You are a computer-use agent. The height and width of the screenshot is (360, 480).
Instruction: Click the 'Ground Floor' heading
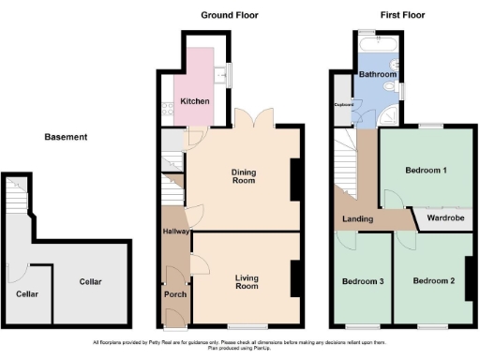[x=230, y=15]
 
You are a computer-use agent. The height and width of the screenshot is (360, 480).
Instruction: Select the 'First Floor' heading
[x=404, y=15]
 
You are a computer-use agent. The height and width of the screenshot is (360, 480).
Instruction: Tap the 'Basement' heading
[x=66, y=137]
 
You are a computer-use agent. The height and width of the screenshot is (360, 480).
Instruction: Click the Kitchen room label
[x=194, y=101]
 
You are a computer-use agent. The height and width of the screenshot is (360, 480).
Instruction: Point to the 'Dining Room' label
[x=244, y=175]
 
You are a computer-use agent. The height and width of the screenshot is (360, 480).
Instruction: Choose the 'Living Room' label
[x=246, y=280]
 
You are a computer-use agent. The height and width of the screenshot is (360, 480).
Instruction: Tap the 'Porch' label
[x=175, y=294]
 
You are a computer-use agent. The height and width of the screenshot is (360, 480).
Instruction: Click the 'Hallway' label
[x=175, y=232]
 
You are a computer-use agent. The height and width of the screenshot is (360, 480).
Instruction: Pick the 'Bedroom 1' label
[x=425, y=171]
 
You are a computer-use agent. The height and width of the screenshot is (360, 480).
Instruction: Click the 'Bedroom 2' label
[x=432, y=281]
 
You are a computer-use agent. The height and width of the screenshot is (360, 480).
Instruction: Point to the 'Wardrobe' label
[x=445, y=218]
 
